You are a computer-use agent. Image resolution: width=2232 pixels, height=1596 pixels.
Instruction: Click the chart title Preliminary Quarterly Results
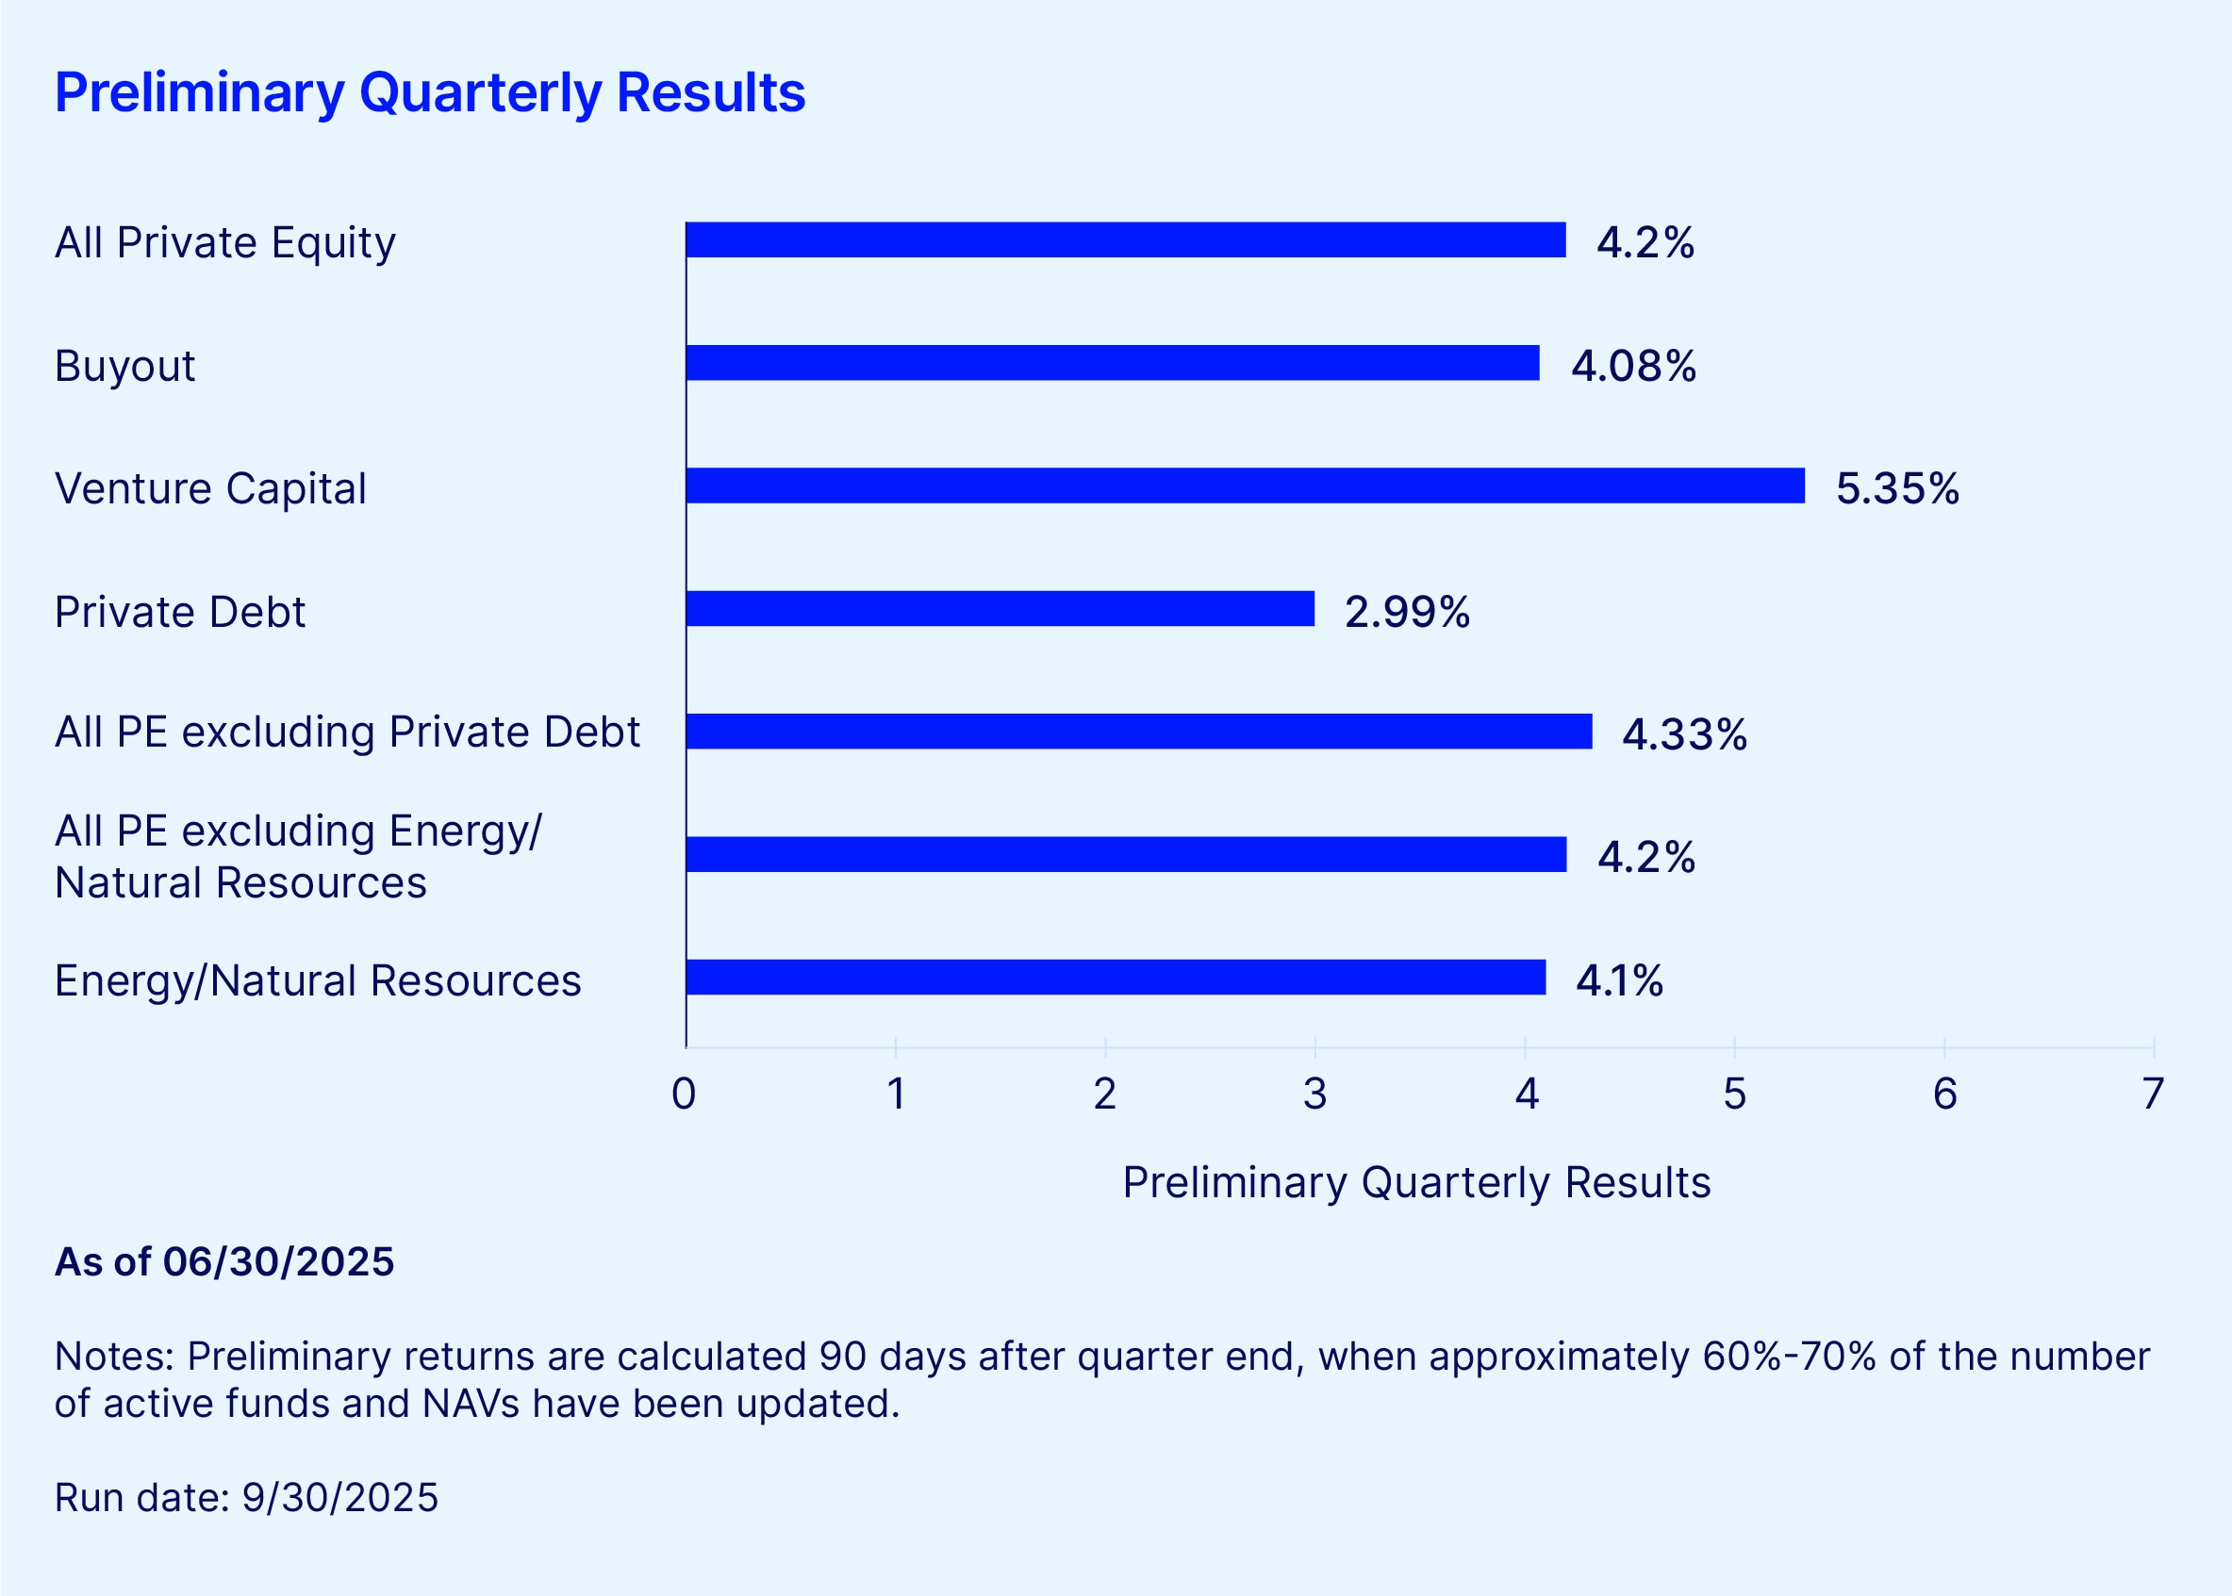(x=429, y=92)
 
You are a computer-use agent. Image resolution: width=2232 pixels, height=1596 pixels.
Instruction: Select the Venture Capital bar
(x=1245, y=485)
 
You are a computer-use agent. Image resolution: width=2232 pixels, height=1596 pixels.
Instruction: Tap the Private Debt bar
(x=1000, y=608)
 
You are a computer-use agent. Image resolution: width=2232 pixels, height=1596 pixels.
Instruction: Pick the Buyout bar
(x=1112, y=363)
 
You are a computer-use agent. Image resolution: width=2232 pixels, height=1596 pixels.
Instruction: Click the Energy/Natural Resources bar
(x=1115, y=977)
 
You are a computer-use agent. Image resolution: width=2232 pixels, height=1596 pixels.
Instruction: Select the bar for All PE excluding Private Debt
(x=1138, y=732)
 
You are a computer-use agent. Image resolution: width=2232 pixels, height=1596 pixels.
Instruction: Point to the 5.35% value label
(x=1897, y=488)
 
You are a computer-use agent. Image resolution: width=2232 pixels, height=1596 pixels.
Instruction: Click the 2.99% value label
(x=1406, y=611)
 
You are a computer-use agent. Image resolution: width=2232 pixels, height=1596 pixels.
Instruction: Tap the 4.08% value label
(x=1632, y=366)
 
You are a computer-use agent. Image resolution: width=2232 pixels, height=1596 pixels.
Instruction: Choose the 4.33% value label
(x=1683, y=734)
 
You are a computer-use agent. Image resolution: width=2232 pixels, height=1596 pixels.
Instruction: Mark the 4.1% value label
(x=1619, y=979)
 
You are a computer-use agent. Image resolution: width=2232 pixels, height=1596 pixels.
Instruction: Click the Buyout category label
(x=124, y=366)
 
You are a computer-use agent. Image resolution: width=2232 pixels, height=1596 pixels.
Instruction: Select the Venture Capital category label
(x=210, y=488)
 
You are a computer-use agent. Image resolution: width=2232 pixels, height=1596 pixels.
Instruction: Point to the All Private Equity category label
(x=225, y=242)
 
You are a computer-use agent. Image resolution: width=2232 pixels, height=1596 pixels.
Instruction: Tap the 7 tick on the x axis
(x=2153, y=1094)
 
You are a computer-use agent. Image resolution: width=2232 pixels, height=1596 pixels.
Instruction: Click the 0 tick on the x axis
(x=684, y=1094)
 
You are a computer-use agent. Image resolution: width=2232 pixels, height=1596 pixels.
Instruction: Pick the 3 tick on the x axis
(x=1315, y=1094)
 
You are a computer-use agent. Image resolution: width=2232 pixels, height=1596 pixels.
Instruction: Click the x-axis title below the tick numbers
(x=1416, y=1182)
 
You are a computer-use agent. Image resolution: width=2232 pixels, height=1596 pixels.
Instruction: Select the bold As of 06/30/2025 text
(x=224, y=1262)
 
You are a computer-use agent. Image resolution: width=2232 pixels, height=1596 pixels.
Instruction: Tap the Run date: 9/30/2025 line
(x=246, y=1498)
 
